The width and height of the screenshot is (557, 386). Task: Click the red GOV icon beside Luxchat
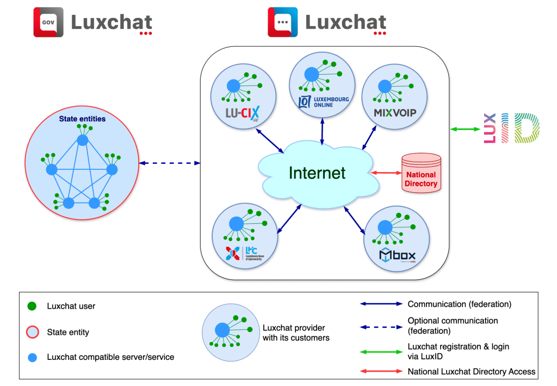48,22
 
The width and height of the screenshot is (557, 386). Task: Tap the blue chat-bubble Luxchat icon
282,22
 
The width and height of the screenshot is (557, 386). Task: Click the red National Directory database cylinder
420,173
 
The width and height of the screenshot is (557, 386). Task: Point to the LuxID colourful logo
511,128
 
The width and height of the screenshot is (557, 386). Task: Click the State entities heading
82,118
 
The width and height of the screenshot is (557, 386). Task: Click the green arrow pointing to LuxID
463,129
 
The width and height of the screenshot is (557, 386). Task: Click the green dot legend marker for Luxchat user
32,306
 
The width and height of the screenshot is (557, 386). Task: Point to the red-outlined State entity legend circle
32,332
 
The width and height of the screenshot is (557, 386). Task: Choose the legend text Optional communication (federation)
453,326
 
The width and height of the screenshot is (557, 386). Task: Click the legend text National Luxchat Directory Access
472,371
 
